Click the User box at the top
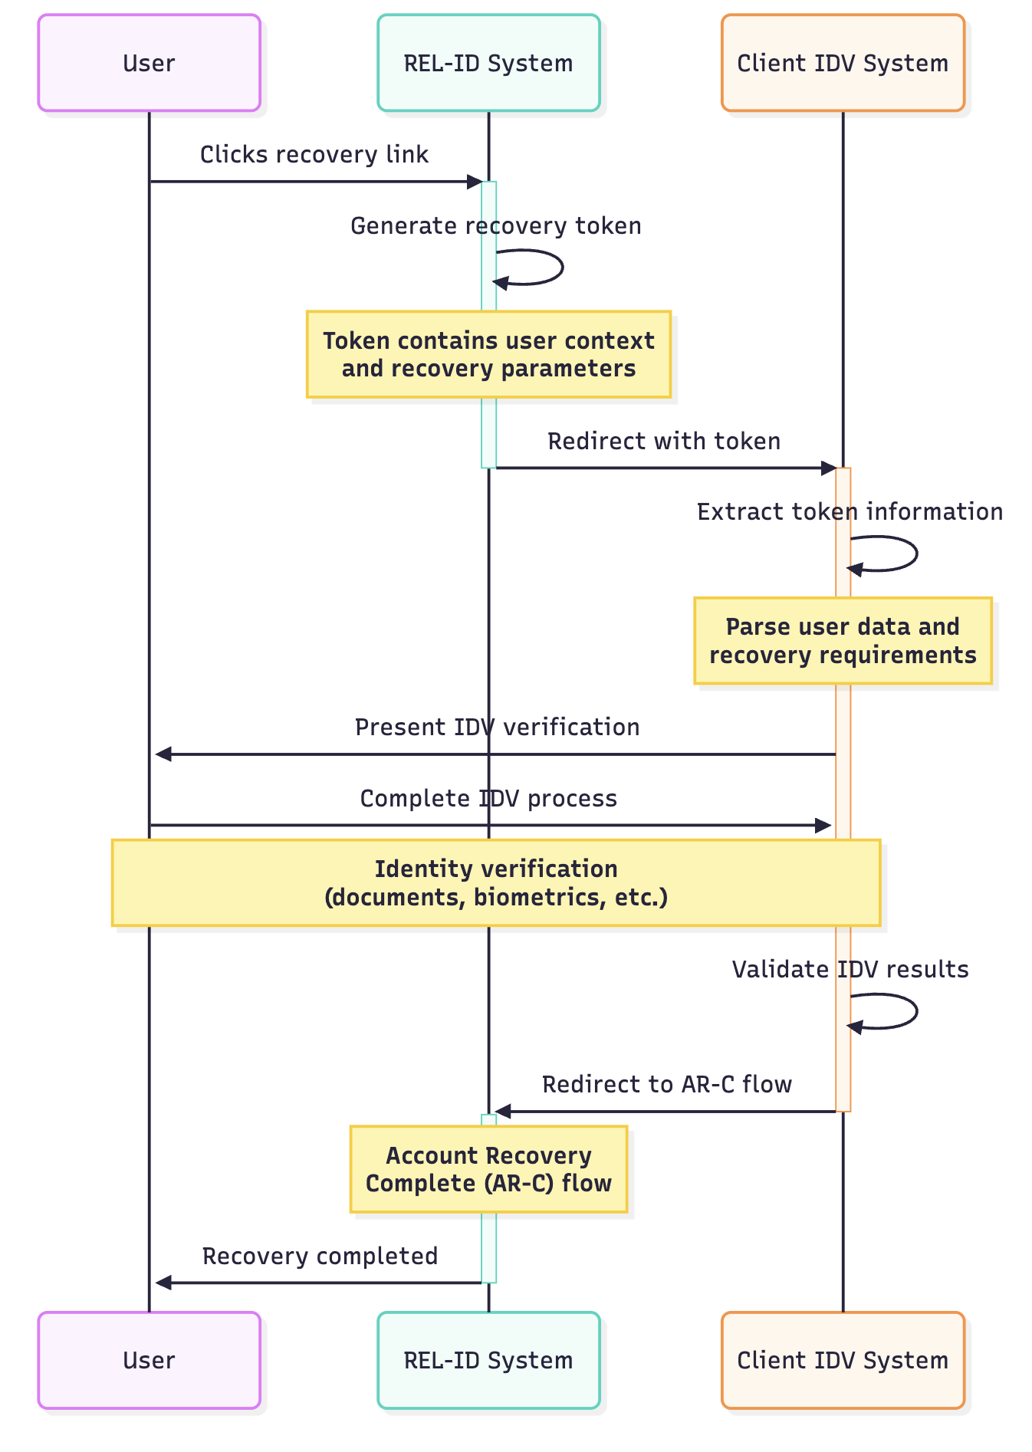click(x=149, y=63)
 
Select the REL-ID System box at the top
click(x=488, y=63)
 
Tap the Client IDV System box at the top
click(x=843, y=63)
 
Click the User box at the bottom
click(x=149, y=1360)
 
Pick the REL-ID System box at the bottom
click(x=488, y=1360)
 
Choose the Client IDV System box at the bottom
click(x=843, y=1360)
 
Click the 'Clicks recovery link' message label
click(x=314, y=155)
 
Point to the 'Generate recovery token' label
click(x=496, y=226)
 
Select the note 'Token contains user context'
click(x=488, y=354)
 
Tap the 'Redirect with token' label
click(x=664, y=442)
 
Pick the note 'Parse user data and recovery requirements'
click(x=843, y=640)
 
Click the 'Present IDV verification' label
click(x=497, y=727)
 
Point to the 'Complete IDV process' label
click(x=488, y=799)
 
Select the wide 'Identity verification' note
click(x=496, y=882)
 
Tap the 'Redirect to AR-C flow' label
click(x=667, y=1085)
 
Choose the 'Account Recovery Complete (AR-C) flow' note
click(x=488, y=1169)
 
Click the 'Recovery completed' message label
click(x=320, y=1257)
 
